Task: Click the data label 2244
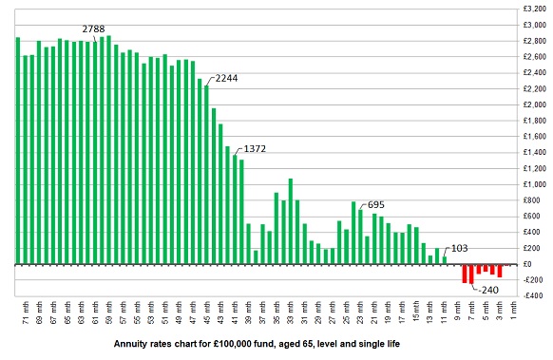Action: [228, 77]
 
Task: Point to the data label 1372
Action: [256, 149]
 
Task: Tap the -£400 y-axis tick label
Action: [532, 295]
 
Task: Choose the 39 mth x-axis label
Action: [248, 313]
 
